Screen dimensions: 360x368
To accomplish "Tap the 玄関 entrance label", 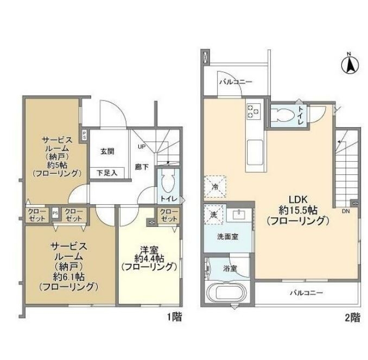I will click(x=107, y=152).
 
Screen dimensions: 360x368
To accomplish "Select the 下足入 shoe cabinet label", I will click(x=106, y=173).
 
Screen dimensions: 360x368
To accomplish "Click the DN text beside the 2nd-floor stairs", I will click(x=346, y=212).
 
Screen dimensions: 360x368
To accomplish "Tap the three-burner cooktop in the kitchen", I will click(x=253, y=111).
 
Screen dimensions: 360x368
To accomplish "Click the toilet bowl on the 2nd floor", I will click(x=282, y=115).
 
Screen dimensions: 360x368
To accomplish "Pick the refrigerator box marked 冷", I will click(x=213, y=186).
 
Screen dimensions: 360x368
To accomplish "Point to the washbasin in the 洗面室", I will click(x=239, y=215).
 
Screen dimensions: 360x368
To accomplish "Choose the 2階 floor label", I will click(x=352, y=318).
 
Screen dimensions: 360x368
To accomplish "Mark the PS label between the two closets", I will click(x=55, y=213).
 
